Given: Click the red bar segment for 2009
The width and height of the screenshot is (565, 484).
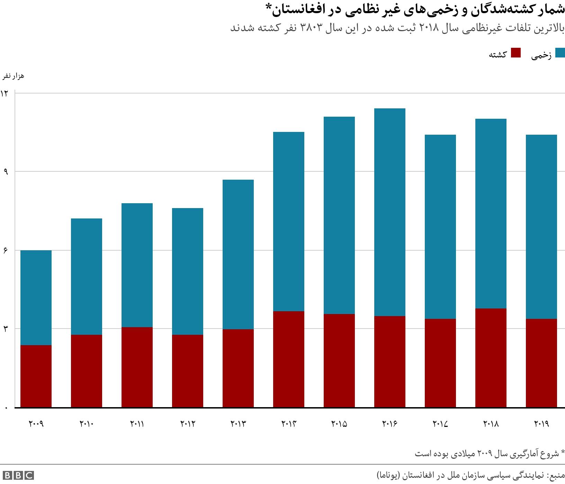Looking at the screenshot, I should [36, 376].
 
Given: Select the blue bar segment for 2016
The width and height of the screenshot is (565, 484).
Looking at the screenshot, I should [389, 212].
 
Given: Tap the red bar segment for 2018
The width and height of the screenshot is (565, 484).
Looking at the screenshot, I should [491, 358].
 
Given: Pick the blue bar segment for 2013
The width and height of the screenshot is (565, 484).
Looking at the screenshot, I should [238, 254].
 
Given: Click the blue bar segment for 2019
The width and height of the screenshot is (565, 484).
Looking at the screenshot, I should [541, 226].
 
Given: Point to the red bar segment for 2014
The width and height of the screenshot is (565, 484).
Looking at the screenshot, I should [288, 359].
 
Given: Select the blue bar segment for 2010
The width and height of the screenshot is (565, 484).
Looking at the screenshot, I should [87, 276].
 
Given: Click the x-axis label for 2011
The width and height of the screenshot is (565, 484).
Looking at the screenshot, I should [137, 424].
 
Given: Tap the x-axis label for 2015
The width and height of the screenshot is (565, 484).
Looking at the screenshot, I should [339, 424].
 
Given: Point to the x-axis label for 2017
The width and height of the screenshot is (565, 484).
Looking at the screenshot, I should [440, 424].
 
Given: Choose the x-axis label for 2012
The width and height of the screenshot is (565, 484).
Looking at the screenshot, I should [187, 424].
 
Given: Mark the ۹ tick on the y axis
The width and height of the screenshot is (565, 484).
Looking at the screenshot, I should [6, 171].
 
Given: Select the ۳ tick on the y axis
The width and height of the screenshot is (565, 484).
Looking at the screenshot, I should [6, 329].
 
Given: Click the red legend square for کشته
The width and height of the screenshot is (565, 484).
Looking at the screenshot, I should [516, 53].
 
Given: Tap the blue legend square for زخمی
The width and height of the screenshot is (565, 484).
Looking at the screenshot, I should [560, 53].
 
